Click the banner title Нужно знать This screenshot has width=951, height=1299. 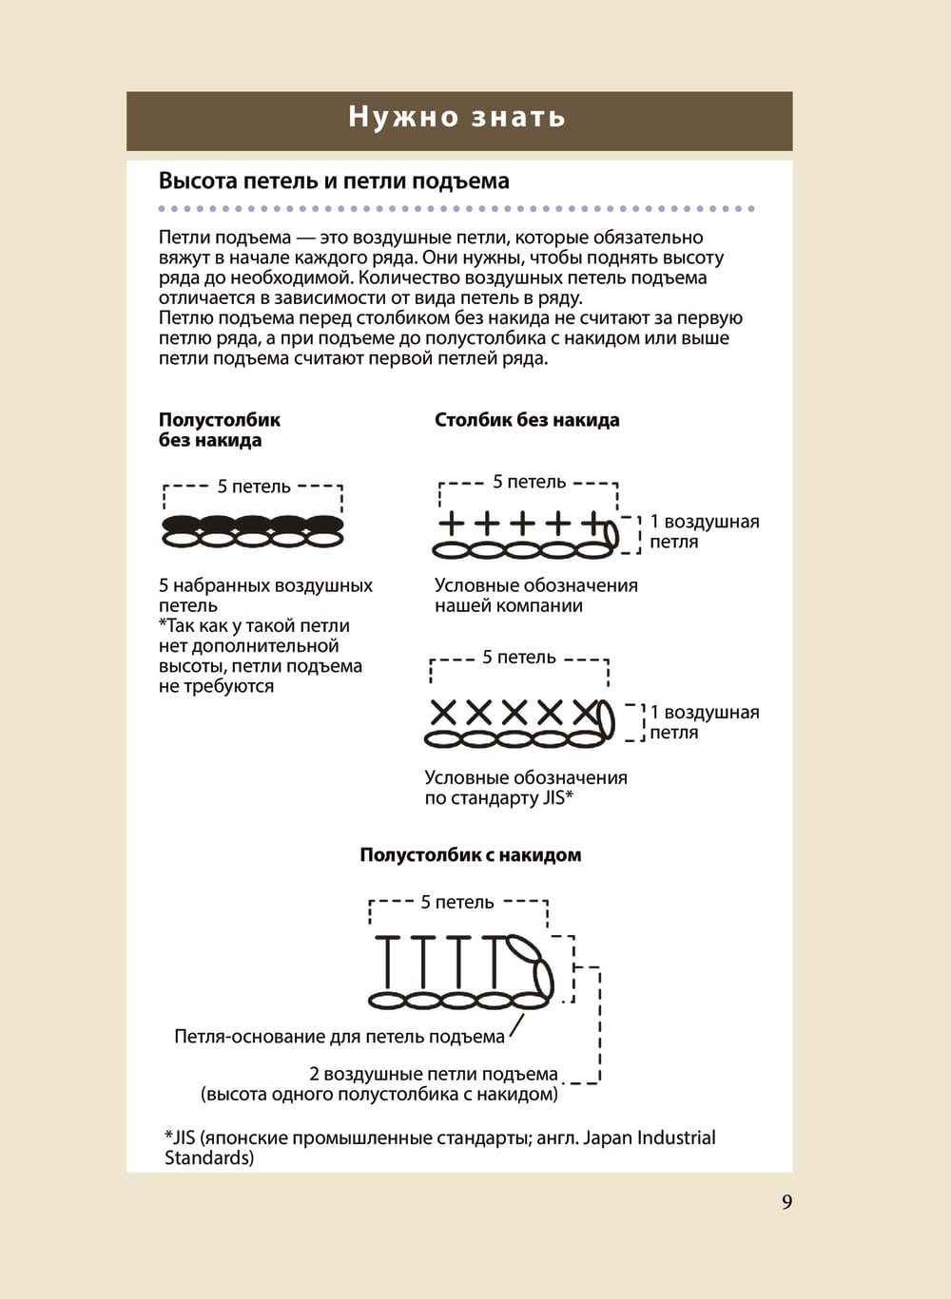457,117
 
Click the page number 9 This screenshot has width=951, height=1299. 786,1202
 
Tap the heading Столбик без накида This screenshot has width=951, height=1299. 527,420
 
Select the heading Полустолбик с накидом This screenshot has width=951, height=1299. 470,855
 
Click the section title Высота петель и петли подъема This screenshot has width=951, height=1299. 334,181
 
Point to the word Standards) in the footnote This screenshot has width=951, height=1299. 209,1158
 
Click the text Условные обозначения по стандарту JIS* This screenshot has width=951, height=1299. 525,788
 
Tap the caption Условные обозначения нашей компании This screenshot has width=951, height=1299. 535,596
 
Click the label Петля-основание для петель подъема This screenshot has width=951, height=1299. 340,1037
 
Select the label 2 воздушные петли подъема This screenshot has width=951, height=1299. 434,1075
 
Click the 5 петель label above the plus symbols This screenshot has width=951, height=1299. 529,482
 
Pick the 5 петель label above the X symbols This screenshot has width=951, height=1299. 518,658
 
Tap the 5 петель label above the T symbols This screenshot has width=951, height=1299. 457,903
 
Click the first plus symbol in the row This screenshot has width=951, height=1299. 451,523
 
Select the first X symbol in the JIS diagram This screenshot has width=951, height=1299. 444,712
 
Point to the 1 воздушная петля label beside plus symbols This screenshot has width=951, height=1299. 704,532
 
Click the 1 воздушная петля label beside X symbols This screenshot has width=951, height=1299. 704,722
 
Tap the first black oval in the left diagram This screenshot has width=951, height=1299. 181,524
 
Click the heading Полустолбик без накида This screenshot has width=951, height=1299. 219,430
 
